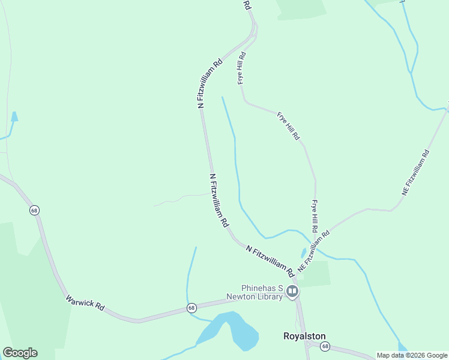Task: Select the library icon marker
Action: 292,292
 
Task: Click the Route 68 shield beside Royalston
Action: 325,346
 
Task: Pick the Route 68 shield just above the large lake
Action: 191,308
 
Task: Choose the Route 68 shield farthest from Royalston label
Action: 34,210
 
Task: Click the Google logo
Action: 20,353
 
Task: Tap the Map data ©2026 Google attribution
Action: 412,355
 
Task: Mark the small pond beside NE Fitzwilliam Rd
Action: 304,253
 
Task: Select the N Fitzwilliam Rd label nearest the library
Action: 270,261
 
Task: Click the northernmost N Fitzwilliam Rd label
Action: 210,83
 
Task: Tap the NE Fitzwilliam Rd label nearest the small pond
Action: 313,251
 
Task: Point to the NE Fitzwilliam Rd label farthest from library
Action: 416,172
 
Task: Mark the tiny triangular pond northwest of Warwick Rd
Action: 14,116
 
